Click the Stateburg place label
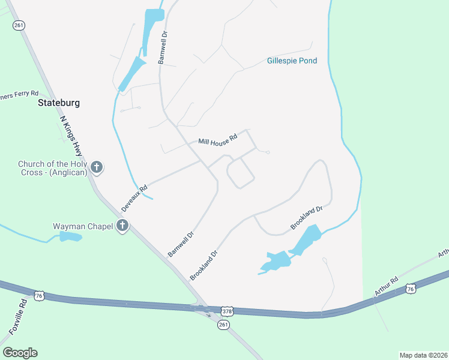pos(59,103)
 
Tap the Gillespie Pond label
pos(292,61)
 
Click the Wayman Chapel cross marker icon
pos(122,226)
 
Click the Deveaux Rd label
pos(134,197)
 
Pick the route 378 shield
pos(227,311)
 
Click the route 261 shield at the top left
pos(19,25)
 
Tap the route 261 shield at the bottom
pos(223,325)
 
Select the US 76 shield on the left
pos(39,295)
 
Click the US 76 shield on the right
pos(411,289)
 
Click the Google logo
pos(20,352)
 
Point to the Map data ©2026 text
pos(423,355)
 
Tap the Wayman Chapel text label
pos(83,226)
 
